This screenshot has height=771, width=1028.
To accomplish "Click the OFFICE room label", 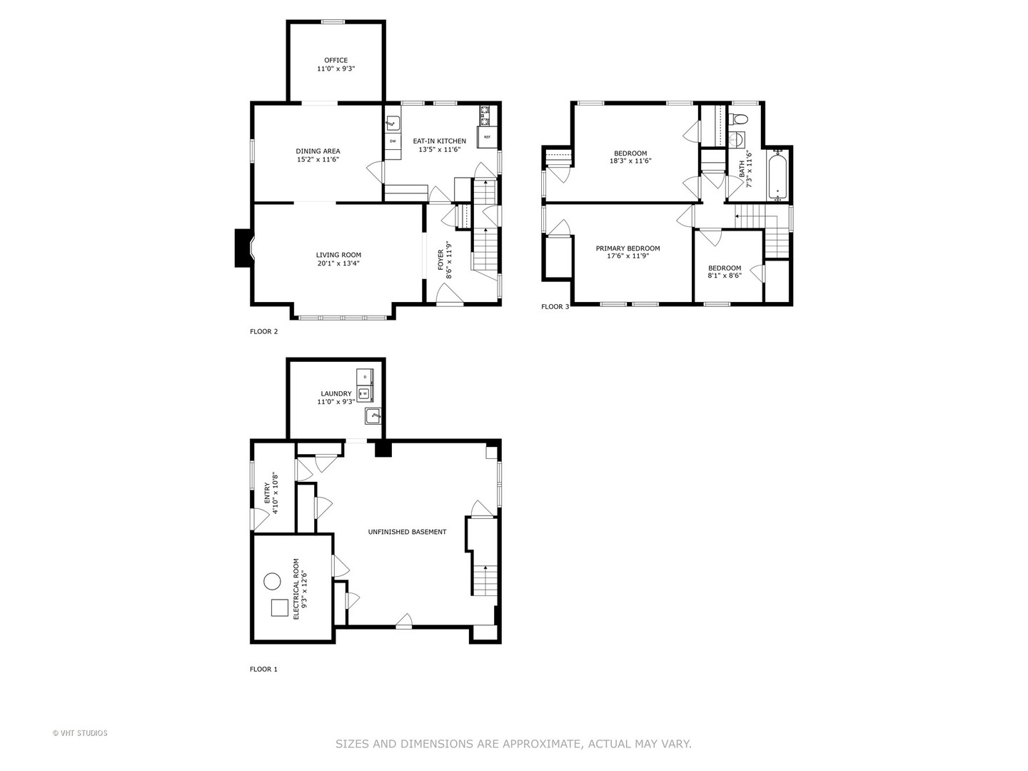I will pyautogui.click(x=336, y=61).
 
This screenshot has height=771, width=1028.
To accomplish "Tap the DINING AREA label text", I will pyautogui.click(x=318, y=151).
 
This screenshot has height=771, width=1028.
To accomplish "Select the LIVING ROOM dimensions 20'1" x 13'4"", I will pyautogui.click(x=338, y=263).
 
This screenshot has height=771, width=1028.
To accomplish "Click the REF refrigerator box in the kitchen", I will pyautogui.click(x=487, y=136).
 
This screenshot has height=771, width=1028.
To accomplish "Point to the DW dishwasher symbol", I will pyautogui.click(x=393, y=141).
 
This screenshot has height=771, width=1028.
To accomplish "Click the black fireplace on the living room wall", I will pyautogui.click(x=243, y=248).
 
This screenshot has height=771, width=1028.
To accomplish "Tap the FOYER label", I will pyautogui.click(x=440, y=258).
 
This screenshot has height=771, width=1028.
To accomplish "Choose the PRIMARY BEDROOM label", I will pyautogui.click(x=628, y=248).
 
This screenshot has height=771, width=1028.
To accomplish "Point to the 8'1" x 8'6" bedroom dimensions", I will pyautogui.click(x=725, y=276).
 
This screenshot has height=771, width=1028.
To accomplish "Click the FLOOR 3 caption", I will pyautogui.click(x=555, y=307).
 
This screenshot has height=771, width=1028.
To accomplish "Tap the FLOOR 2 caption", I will pyautogui.click(x=263, y=331).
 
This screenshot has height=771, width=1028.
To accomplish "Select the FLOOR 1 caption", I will pyautogui.click(x=263, y=669).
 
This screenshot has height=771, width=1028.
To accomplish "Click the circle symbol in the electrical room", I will pyautogui.click(x=272, y=581).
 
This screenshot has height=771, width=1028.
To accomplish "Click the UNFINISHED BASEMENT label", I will pyautogui.click(x=407, y=532).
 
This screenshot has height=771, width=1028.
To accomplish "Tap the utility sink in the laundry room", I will pyautogui.click(x=373, y=416).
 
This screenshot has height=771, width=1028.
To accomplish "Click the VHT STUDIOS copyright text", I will pyautogui.click(x=80, y=733).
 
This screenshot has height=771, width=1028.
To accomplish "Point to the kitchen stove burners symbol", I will pyautogui.click(x=485, y=111).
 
